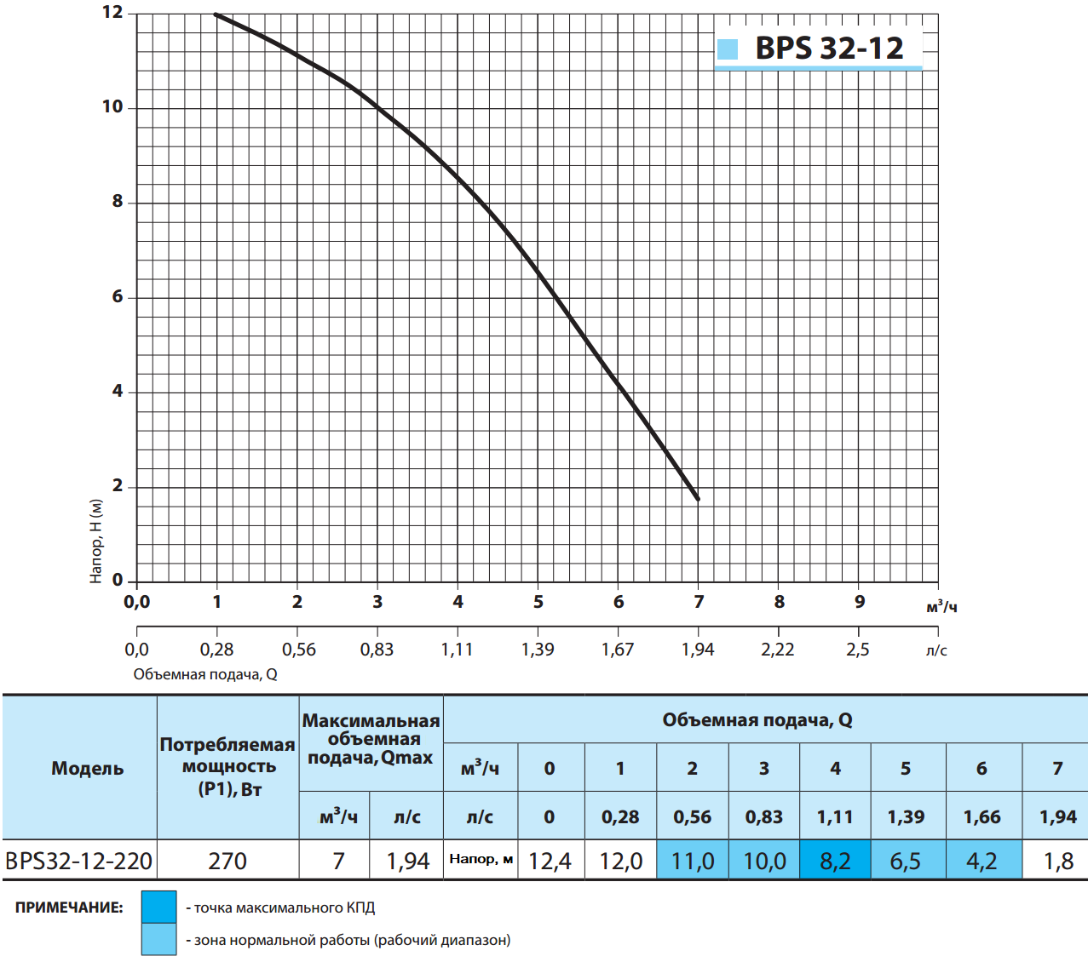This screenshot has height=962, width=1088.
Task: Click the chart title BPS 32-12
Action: (828, 49)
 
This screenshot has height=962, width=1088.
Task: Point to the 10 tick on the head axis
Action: (112, 107)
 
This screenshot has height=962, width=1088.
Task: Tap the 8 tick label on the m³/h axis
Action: (779, 602)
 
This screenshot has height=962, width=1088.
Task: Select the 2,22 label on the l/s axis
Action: (777, 650)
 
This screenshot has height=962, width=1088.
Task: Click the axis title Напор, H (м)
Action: (96, 541)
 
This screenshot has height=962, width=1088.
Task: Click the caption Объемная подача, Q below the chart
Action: (205, 674)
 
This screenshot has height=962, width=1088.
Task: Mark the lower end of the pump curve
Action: (698, 499)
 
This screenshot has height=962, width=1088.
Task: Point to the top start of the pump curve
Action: (216, 14)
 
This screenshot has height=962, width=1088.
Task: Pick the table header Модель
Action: (87, 768)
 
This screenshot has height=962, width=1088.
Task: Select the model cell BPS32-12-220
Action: (79, 861)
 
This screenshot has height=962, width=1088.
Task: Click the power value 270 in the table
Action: (227, 861)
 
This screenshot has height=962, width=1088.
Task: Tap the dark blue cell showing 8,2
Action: (835, 861)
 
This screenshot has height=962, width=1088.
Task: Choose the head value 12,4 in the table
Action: (550, 861)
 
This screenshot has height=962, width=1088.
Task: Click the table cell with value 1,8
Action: (1058, 861)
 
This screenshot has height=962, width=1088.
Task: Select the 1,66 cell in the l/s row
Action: (982, 816)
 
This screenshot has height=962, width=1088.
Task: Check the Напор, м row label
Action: (481, 859)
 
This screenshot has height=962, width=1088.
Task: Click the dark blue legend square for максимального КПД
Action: (159, 907)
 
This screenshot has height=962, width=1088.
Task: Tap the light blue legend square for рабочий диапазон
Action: (159, 939)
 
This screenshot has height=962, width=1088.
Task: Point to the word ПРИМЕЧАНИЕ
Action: (69, 908)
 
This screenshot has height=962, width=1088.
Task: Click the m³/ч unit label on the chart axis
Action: (941, 607)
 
